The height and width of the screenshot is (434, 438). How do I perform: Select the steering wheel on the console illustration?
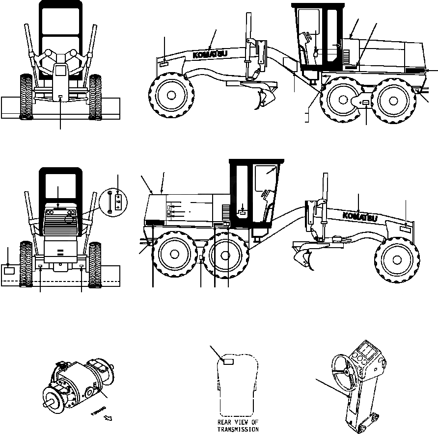coord(346,372)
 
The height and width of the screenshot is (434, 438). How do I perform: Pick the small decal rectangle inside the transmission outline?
coord(228,361)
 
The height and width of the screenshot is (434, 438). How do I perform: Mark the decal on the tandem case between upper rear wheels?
coord(367,102)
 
